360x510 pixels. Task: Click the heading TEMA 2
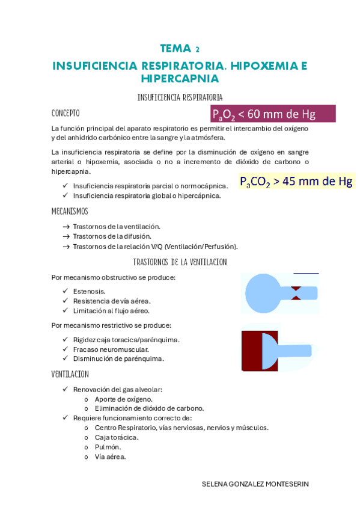pos(180,48)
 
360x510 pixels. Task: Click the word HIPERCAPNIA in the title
pos(180,79)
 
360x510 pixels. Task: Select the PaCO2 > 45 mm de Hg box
pos(296,181)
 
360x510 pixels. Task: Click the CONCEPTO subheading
pos(66,113)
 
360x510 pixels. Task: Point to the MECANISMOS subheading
pos(70,211)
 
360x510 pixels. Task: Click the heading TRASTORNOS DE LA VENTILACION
pos(180,262)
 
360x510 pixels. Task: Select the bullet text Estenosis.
pos(89,291)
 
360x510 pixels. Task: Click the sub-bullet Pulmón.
pos(108,447)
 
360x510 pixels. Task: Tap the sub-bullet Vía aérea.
pos(110,456)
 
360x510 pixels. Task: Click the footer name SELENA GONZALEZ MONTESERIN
pos(255,483)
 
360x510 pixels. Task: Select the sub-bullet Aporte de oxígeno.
pos(123,399)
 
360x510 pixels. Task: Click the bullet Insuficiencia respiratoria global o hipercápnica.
pos(147,195)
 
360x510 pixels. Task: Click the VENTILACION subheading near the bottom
pos(70,374)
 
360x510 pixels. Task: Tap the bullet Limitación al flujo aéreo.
pos(111,310)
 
